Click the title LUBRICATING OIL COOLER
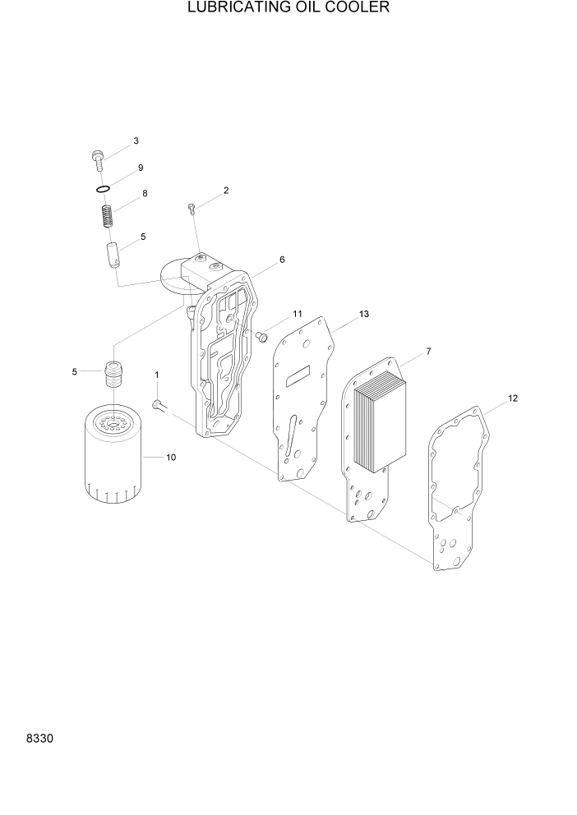288,8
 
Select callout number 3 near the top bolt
136,141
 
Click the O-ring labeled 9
103,190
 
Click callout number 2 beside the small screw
225,191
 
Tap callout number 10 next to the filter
171,458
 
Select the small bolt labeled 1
157,403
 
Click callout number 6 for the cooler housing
282,260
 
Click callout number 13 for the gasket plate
364,315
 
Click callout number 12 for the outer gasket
513,398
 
